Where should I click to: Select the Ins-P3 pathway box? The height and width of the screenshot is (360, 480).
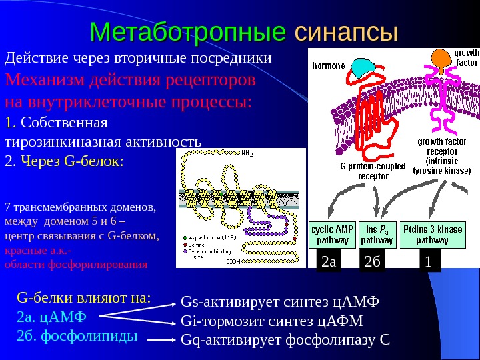point(378,235)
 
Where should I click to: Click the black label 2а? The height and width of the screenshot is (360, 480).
point(329,264)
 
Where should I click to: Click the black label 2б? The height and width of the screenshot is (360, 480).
point(373,264)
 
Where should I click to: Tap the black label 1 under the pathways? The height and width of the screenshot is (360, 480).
point(428,264)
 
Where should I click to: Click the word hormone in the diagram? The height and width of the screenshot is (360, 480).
point(327,66)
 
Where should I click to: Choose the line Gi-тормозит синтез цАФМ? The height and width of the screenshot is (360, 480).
point(272,322)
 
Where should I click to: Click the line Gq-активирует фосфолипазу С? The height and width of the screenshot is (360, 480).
point(285,341)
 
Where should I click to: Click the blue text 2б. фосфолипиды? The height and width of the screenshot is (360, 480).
point(77,335)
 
